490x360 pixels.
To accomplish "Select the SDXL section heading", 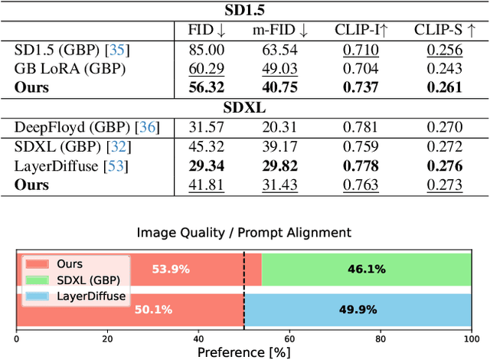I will [x=245, y=107].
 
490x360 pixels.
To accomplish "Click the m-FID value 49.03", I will [x=280, y=69].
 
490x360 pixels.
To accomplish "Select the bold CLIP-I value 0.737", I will [x=360, y=87].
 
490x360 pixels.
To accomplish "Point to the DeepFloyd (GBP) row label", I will [x=72, y=127].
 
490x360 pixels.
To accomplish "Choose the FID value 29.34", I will [x=207, y=165].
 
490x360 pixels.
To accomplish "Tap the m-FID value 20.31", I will [x=280, y=127].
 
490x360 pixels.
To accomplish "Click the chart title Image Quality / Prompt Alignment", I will [x=243, y=232].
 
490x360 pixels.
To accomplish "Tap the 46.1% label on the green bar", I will [x=366, y=270].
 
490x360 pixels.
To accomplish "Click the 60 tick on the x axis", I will [x=289, y=338].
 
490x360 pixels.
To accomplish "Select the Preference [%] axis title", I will [x=244, y=352].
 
